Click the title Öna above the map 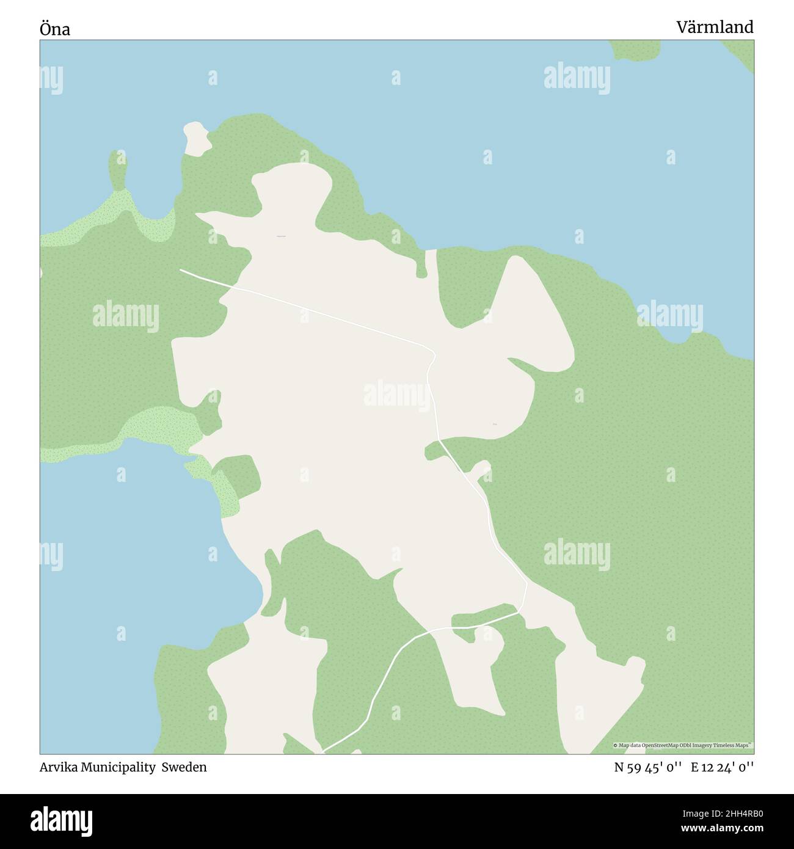(x=55, y=29)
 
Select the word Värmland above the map (x=715, y=27)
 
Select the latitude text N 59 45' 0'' (x=647, y=767)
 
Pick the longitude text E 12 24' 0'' (x=722, y=767)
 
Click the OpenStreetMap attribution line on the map (x=683, y=745)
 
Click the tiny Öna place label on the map (x=495, y=423)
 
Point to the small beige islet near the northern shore (x=197, y=139)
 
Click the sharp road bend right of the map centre (x=433, y=354)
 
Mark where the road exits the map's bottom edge (x=322, y=751)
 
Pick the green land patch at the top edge (x=635, y=49)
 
